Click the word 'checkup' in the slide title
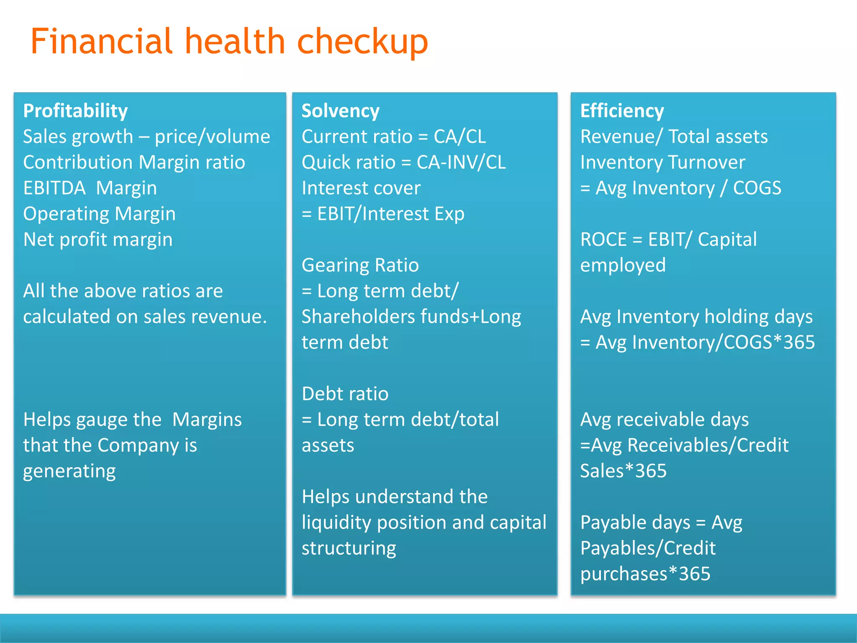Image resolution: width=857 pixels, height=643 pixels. point(362,42)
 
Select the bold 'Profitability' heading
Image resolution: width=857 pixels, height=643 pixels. point(75,111)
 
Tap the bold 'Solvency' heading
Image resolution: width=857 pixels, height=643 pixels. point(340,111)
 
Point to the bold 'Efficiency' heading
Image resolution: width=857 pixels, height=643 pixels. point(622,111)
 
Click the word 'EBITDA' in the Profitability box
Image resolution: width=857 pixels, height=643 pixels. point(54,188)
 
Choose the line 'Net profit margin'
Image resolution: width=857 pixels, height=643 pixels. point(98,239)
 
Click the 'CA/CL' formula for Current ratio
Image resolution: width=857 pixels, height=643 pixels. point(460,136)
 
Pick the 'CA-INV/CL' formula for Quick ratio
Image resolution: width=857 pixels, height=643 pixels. point(461,162)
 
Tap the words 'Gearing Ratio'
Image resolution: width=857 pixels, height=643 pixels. point(360,265)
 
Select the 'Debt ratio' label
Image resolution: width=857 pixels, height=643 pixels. point(345,394)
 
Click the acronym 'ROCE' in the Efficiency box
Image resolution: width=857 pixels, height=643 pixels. point(603,239)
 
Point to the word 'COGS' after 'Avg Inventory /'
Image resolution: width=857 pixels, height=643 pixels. point(757,188)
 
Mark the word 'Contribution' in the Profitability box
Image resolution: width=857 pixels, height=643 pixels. point(77,162)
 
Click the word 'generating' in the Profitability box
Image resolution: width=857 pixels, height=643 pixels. point(69,471)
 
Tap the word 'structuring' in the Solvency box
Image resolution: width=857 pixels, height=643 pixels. point(349,548)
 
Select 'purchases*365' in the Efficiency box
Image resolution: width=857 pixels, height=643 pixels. point(645,574)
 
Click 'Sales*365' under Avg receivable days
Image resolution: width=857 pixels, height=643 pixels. point(623,471)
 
